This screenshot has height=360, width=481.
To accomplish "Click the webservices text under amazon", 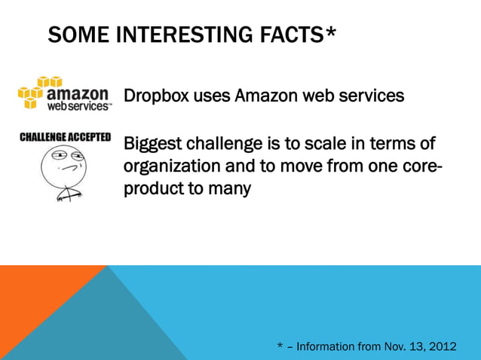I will [78, 107].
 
